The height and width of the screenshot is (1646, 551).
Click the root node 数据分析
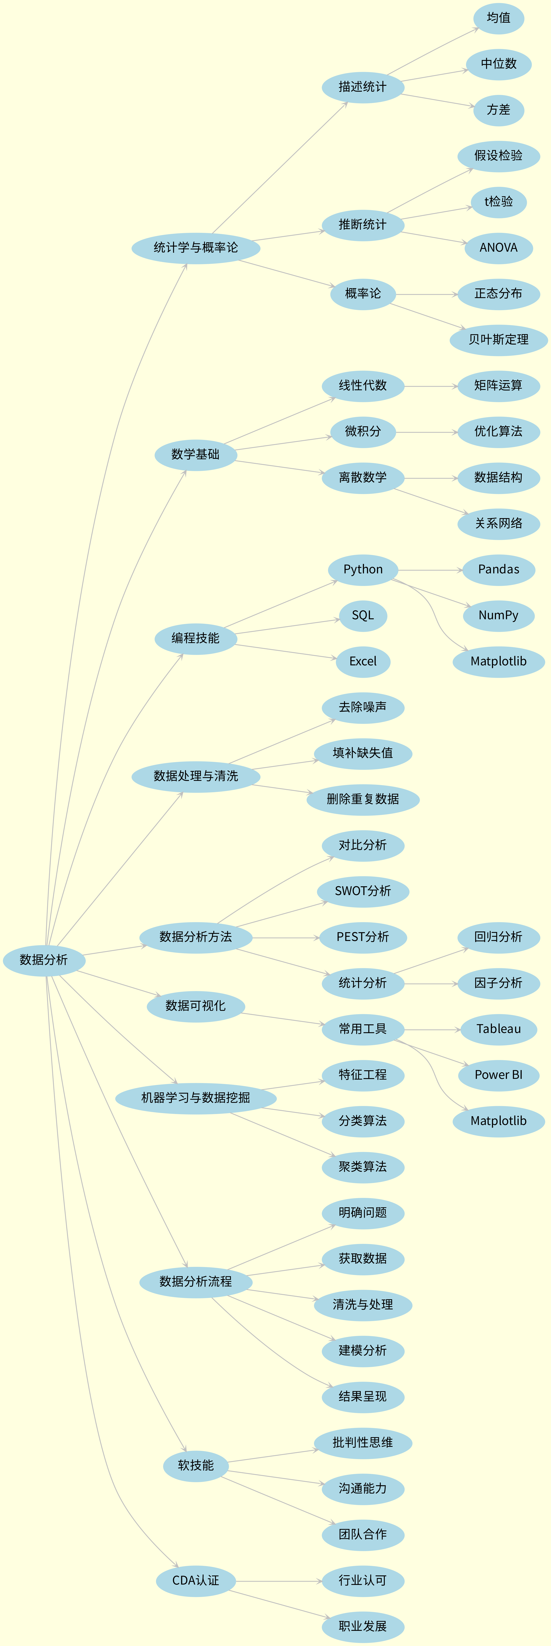(x=43, y=960)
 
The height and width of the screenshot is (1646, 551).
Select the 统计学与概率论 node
(x=195, y=247)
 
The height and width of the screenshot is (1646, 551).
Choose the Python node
(x=363, y=569)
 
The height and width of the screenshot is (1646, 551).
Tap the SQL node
(x=363, y=615)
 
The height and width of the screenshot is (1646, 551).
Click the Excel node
(x=363, y=661)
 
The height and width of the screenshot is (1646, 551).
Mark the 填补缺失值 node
(x=363, y=753)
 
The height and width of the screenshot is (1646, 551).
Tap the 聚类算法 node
(x=363, y=1167)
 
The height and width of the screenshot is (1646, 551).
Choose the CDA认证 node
(x=195, y=1581)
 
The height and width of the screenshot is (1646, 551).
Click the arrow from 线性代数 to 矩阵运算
(x=431, y=387)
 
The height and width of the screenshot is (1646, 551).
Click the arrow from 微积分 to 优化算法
(x=427, y=433)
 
